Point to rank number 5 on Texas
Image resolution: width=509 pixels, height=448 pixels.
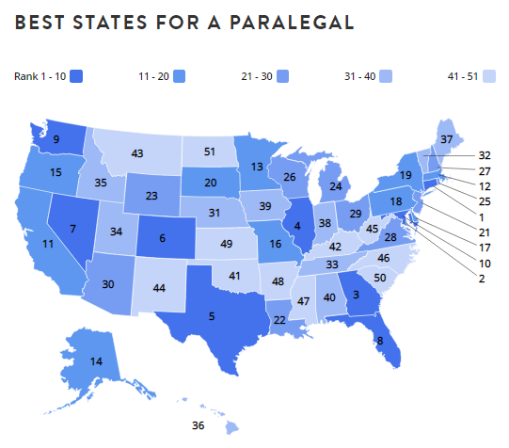pos(212,316)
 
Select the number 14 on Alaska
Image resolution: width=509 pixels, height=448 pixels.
pos(96,361)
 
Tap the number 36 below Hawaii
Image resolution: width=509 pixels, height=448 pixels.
pos(198,425)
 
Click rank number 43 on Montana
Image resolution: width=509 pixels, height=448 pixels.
pos(137,152)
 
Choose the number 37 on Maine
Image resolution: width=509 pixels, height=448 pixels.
pos(447,139)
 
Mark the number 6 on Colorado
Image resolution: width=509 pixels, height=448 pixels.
pos(163,238)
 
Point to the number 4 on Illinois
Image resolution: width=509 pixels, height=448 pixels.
pos(296,225)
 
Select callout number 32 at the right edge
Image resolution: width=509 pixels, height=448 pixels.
pos(485,154)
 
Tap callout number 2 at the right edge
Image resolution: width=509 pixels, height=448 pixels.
pos(482,280)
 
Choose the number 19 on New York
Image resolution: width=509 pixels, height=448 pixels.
pos(406,175)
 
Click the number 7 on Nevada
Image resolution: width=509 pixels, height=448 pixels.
pos(72,229)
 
